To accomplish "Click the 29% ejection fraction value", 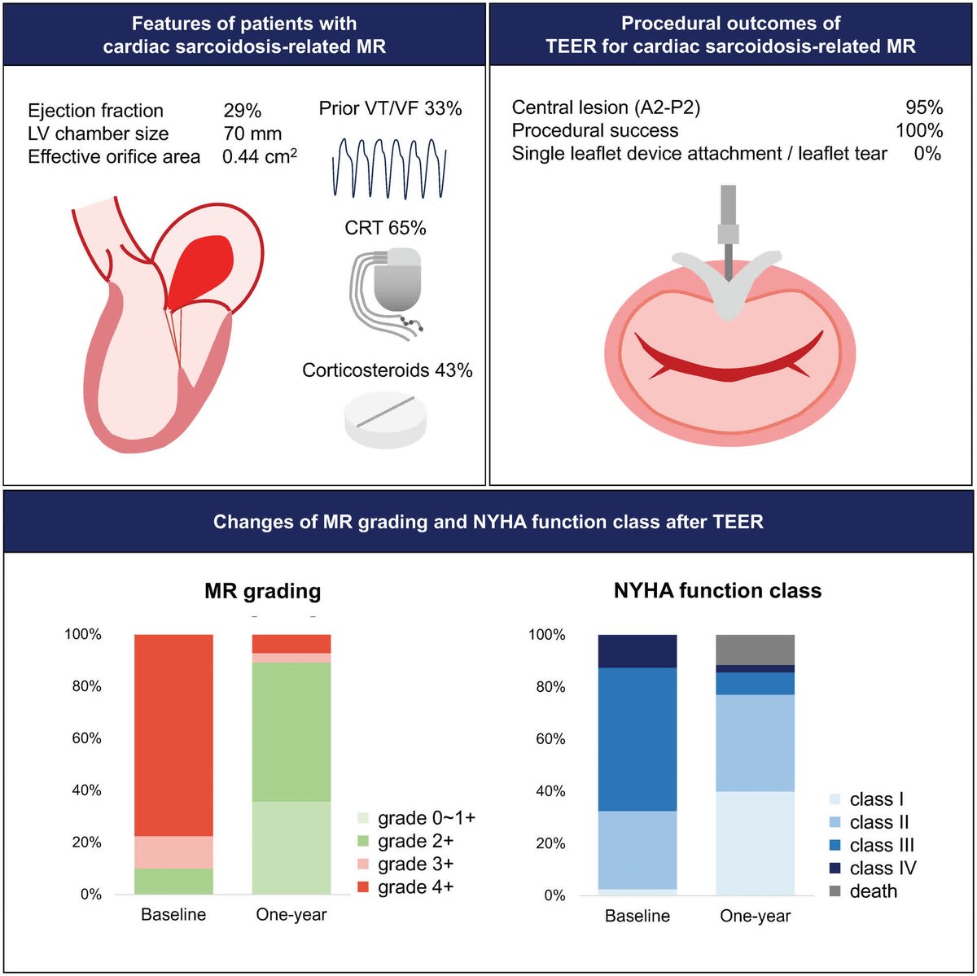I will tap(242, 111).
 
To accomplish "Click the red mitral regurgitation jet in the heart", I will tap(203, 265).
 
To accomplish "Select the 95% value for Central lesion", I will tap(924, 107).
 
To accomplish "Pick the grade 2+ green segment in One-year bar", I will tap(291, 732).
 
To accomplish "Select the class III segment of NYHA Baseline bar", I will tap(637, 739).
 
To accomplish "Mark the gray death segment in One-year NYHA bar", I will tap(755, 650).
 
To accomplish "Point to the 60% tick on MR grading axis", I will tap(83, 738).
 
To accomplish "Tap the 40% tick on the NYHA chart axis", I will tap(547, 791).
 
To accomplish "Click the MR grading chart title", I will tap(262, 591).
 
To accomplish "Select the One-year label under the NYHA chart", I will tap(755, 916).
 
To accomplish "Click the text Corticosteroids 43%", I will tap(387, 370).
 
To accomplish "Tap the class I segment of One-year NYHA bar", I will tap(755, 843).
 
